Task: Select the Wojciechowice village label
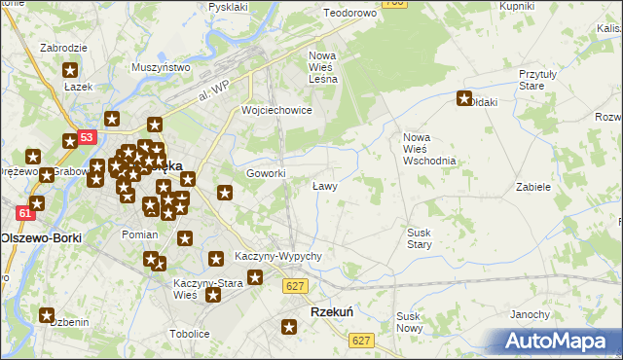(x=276, y=110)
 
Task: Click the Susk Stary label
(x=420, y=238)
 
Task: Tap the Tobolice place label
(x=191, y=333)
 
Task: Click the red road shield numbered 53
(x=87, y=138)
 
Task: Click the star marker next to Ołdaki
(x=464, y=98)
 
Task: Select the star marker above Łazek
(x=70, y=70)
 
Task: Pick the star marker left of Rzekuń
(x=289, y=327)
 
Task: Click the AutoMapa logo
(x=559, y=341)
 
